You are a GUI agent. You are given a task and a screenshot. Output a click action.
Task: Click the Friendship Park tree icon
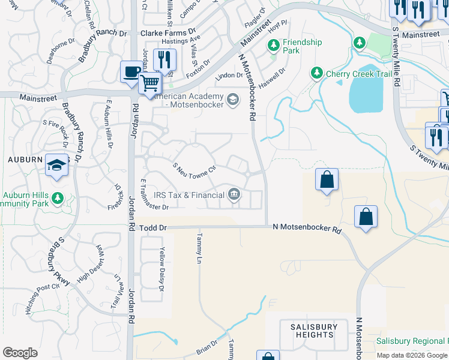pyautogui.click(x=274, y=46)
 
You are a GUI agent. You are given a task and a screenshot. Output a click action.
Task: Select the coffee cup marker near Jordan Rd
pyautogui.click(x=131, y=71)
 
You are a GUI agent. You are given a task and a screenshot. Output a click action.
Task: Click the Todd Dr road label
pyautogui.click(x=152, y=229)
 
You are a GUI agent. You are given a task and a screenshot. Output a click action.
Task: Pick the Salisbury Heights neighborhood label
pyautogui.click(x=314, y=331)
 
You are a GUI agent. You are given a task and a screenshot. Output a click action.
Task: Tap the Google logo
pyautogui.click(x=20, y=353)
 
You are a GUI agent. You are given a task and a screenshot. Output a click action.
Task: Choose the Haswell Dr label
pyautogui.click(x=273, y=71)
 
